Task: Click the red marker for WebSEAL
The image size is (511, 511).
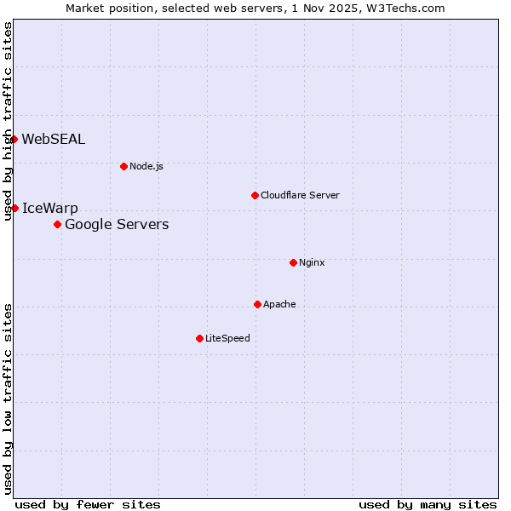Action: point(14,139)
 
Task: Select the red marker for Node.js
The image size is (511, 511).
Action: point(123,166)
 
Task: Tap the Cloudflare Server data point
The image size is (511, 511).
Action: point(255,195)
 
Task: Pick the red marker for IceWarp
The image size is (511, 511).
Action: point(14,208)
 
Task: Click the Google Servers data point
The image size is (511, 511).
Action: point(57,224)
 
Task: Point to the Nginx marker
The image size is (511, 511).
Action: point(293,262)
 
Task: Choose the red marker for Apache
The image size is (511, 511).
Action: point(257,304)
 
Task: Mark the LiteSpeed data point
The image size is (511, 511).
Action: point(199,338)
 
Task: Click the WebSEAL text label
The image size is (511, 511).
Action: point(53,140)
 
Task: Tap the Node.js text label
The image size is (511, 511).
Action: point(146,166)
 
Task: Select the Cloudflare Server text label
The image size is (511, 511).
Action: point(300,195)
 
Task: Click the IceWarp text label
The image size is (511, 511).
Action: point(49,209)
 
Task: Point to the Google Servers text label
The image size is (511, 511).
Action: point(117,225)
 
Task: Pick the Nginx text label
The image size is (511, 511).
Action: point(312,262)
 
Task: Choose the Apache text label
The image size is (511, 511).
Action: point(279,304)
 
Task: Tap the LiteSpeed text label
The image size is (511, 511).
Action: point(227,338)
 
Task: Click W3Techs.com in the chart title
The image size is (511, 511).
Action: point(406,8)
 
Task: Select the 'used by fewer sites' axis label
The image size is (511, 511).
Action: point(88,504)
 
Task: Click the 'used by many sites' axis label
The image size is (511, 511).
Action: point(428,504)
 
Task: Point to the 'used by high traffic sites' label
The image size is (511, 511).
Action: point(8,121)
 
